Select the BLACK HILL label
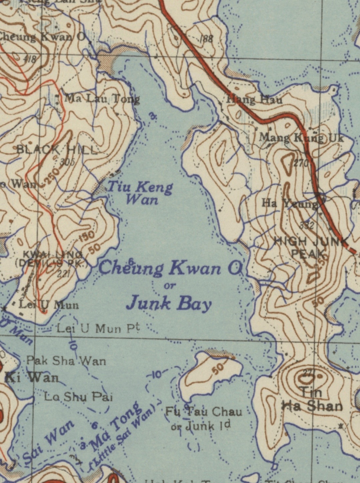coord(57,150)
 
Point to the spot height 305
coord(67,162)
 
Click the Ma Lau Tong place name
coord(102,99)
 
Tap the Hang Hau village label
coord(254,99)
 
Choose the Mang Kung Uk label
coord(301,137)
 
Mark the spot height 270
coord(301,163)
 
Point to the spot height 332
coord(306,225)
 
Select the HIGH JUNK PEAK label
coord(310,247)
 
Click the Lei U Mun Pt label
coord(98,329)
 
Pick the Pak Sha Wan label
coord(66,361)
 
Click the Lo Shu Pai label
coord(78,397)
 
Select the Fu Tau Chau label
coord(204,412)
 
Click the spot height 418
coord(30,60)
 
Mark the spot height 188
coord(206,39)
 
